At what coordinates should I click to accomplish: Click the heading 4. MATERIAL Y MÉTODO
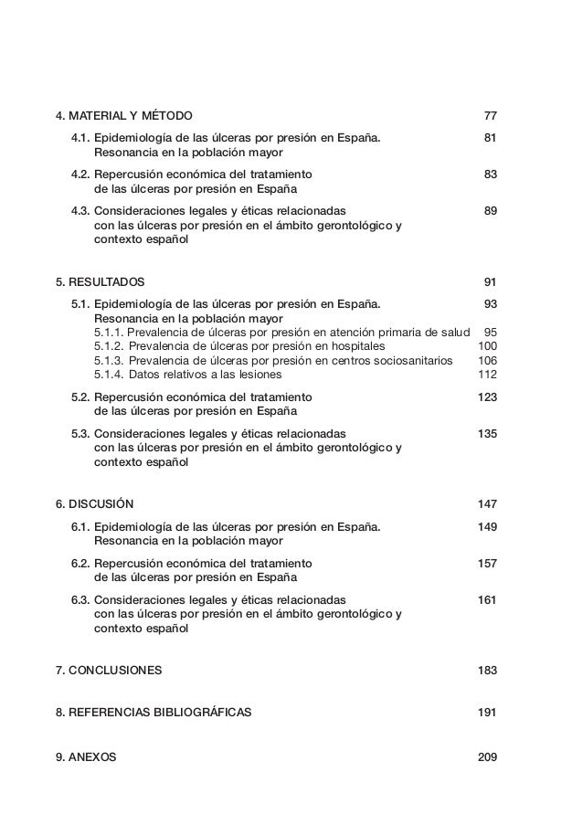point(124,117)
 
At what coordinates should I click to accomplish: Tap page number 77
point(490,117)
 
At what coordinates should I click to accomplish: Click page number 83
point(490,174)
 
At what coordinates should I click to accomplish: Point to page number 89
point(490,211)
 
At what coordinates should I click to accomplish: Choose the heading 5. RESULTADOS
point(101,282)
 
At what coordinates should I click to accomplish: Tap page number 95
point(490,332)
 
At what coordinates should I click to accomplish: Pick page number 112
point(487,374)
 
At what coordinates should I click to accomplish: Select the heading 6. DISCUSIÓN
point(95,503)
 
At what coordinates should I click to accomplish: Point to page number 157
point(487,563)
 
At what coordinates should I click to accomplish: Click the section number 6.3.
point(80,599)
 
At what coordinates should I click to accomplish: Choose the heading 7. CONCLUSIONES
point(109,670)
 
